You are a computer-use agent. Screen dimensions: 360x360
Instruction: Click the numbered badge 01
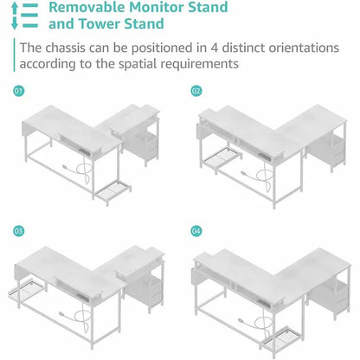coord(19,91)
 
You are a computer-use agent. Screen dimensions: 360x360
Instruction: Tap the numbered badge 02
coord(196,91)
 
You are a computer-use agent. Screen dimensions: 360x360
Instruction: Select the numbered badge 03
coord(19,231)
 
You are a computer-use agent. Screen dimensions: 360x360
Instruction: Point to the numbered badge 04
coord(196,231)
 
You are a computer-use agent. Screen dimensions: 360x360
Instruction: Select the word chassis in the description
coord(66,48)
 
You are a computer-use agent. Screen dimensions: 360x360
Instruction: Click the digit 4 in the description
coord(214,48)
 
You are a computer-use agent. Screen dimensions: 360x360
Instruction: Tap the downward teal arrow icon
coord(15,23)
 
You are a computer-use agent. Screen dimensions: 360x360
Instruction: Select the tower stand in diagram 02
coord(222,158)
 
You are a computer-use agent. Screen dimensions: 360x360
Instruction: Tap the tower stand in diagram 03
coord(28,292)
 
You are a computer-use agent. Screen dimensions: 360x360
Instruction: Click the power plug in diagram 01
coord(66,167)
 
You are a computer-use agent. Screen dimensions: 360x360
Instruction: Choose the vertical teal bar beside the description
coord(14,55)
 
